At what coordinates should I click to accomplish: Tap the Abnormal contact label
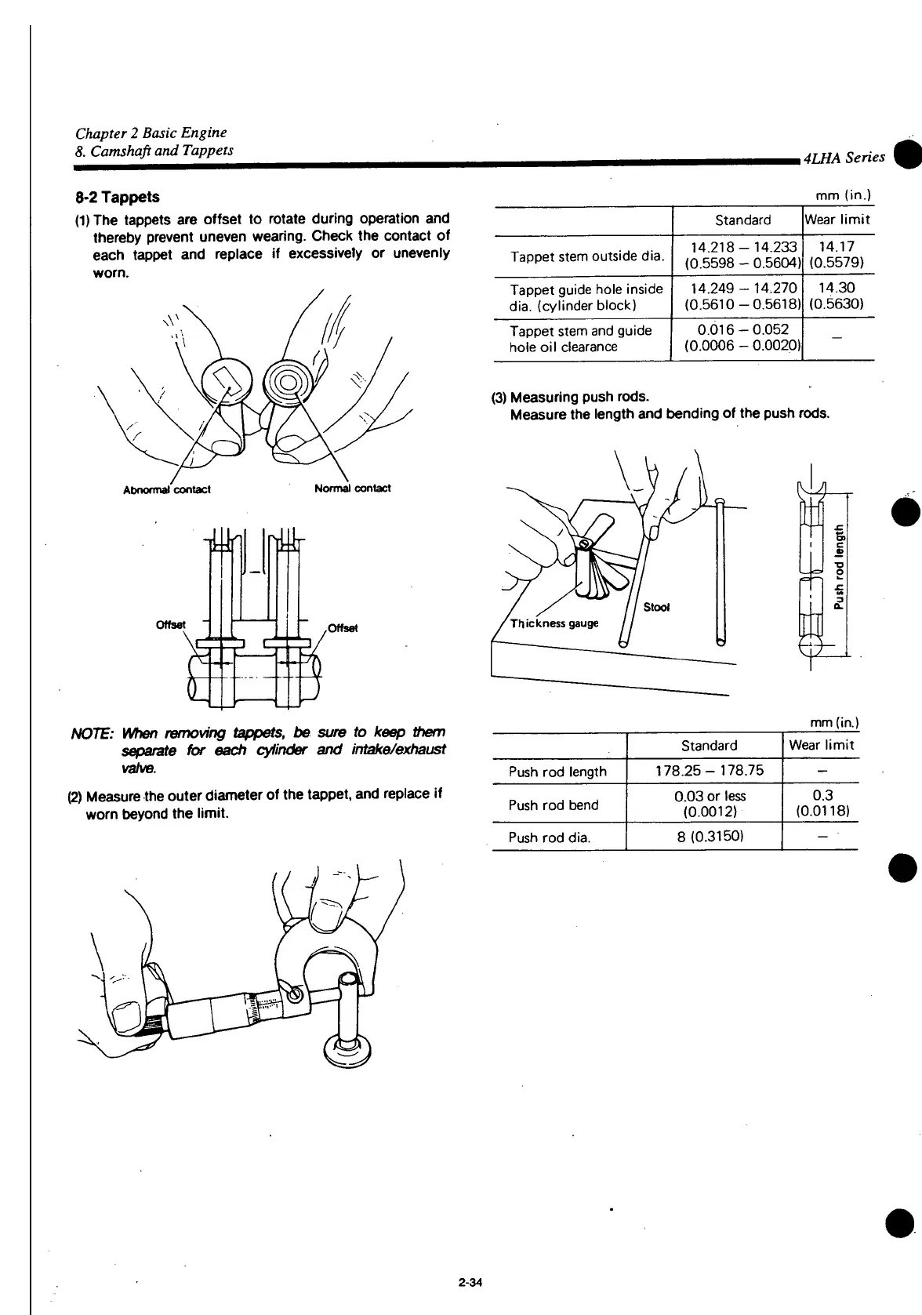pos(167,489)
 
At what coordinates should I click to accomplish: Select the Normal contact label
pos(352,489)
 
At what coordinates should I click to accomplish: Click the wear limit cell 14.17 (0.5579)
pos(838,254)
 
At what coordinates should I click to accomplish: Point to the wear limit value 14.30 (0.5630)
pos(838,296)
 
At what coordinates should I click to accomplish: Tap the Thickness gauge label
pos(554,623)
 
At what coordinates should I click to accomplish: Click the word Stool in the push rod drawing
pos(656,607)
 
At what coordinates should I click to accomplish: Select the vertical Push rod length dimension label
pos(840,566)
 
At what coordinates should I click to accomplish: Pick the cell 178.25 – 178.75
pos(709,771)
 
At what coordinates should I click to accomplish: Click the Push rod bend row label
pos(553,805)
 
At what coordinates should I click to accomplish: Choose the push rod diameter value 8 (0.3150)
pos(709,837)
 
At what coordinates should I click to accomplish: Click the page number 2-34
pos(470,1283)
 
